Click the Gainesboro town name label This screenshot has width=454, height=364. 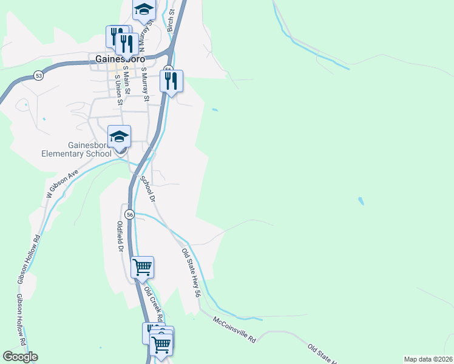click(126, 59)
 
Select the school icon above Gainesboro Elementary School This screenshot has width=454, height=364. click(120, 137)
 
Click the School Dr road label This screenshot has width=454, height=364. click(148, 189)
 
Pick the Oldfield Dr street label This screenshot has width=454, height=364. click(120, 237)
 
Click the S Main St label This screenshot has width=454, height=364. click(127, 81)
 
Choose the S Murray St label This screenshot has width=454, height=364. click(145, 83)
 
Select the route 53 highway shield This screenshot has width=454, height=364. click(39, 76)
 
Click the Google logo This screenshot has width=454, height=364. click(20, 357)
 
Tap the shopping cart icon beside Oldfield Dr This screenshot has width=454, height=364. click(142, 267)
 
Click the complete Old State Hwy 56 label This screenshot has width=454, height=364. click(191, 272)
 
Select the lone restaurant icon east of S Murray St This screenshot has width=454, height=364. click(172, 81)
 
